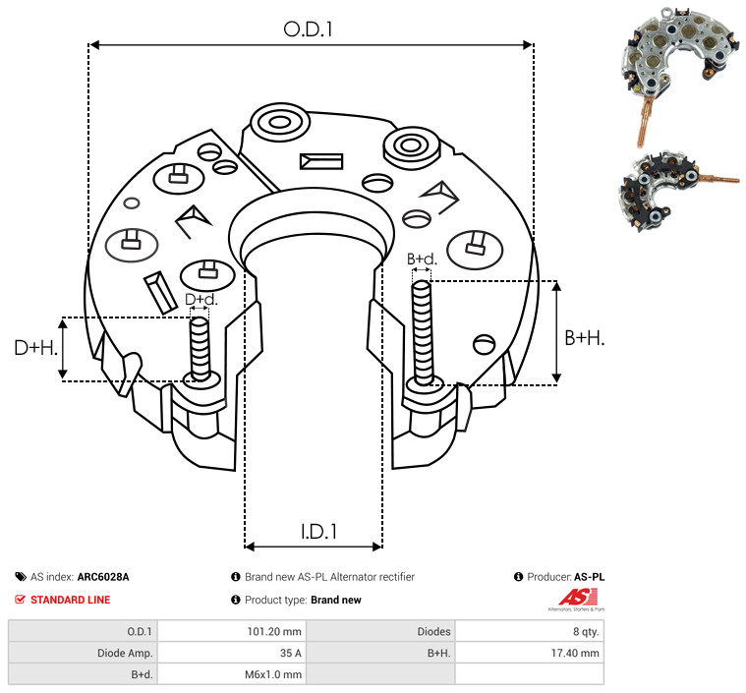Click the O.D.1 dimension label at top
click(308, 29)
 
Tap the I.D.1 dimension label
click(318, 532)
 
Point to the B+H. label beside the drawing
click(584, 338)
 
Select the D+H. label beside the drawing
click(35, 348)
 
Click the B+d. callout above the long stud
click(422, 259)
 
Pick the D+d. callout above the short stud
click(201, 300)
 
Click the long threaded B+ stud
click(423, 332)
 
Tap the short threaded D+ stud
click(200, 349)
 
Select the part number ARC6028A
click(103, 577)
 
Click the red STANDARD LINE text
click(71, 600)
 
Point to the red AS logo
click(578, 599)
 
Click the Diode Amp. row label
click(125, 653)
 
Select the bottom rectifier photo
click(678, 192)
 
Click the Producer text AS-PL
click(589, 577)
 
